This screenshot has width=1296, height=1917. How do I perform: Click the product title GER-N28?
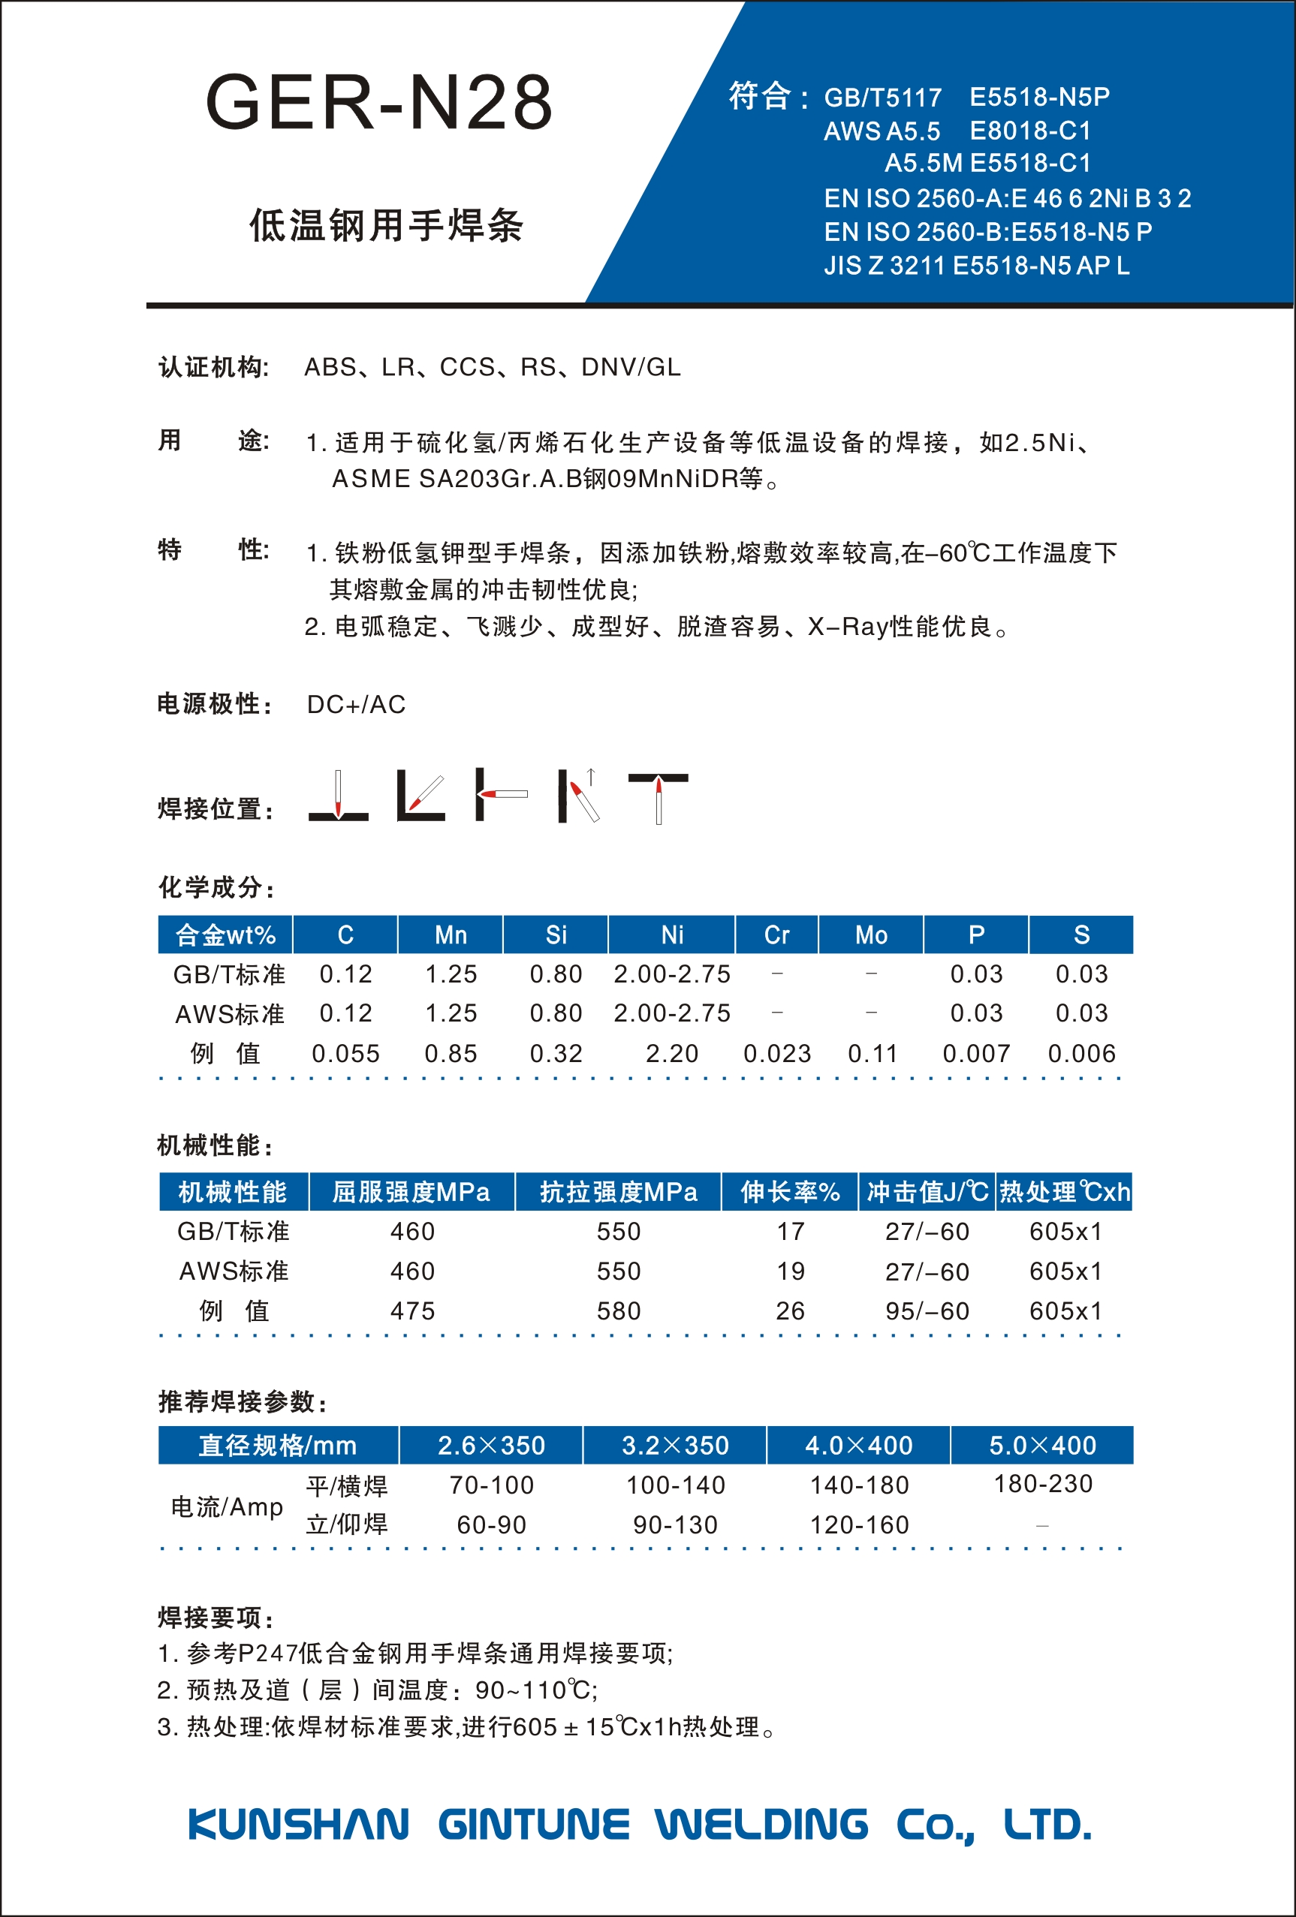[x=378, y=102]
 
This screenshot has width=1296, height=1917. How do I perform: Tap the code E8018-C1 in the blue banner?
[x=1029, y=131]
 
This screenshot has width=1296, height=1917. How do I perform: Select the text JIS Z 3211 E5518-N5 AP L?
[x=976, y=266]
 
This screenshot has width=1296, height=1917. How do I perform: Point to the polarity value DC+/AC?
[x=356, y=705]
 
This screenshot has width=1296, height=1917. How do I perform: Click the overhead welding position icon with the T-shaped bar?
[x=658, y=797]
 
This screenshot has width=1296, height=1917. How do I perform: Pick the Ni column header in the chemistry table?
[x=671, y=934]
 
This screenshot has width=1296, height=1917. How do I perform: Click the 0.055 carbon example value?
[x=345, y=1053]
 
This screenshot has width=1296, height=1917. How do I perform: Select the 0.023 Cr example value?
[x=777, y=1053]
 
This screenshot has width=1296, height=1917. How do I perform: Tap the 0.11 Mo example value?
[x=872, y=1053]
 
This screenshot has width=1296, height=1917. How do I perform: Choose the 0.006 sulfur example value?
[x=1081, y=1053]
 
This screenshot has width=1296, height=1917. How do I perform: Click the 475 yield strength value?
[x=412, y=1311]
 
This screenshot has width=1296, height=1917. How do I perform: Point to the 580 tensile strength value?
[x=619, y=1311]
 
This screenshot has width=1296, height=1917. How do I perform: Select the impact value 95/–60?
[x=927, y=1311]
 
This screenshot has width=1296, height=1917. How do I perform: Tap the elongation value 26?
[x=791, y=1311]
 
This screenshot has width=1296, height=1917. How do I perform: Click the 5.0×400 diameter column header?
[x=1043, y=1445]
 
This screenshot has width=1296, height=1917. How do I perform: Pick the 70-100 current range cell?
[x=492, y=1485]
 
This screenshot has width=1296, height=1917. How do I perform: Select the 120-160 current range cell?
[x=859, y=1525]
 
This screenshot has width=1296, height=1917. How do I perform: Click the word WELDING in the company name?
[x=761, y=1825]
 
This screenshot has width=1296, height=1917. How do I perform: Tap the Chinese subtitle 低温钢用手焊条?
[x=386, y=225]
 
